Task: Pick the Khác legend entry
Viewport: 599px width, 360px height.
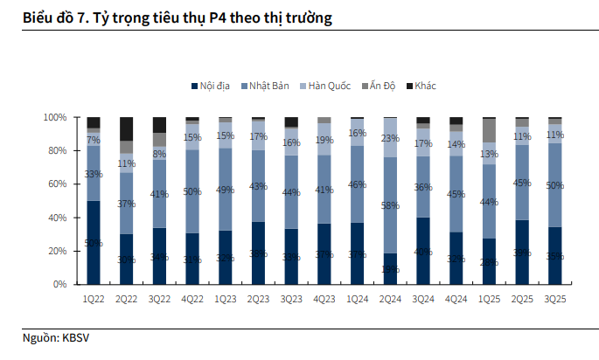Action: pos(426,86)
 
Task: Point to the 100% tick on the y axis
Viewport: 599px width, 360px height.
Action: pos(55,117)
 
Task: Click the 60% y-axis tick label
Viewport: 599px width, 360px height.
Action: pos(58,183)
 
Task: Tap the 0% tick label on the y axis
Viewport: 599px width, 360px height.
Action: pos(60,284)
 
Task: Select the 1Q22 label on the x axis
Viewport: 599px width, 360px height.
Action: pos(93,299)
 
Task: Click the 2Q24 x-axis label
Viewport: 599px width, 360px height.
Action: pos(389,299)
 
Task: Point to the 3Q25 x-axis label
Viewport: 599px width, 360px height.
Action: pos(554,299)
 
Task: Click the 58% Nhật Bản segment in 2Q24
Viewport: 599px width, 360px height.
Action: pos(389,205)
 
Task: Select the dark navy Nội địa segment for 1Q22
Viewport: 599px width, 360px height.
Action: pos(93,242)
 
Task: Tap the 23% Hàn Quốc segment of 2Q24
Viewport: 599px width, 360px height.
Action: pos(389,138)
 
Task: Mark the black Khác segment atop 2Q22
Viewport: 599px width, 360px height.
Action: pos(126,128)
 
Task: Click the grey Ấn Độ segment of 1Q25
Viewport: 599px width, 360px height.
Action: pos(488,130)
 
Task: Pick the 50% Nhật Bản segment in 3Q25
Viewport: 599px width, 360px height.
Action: pos(554,185)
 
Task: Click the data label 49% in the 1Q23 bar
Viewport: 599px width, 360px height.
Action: pos(226,190)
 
